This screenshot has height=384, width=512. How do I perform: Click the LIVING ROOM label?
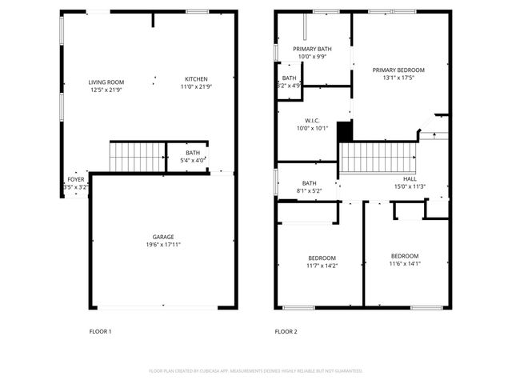point(106,81)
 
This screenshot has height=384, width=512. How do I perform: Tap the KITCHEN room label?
point(196,79)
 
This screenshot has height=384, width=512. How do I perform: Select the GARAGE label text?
point(164,237)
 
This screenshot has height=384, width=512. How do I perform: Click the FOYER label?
point(76,180)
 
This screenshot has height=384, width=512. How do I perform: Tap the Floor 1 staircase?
point(137,157)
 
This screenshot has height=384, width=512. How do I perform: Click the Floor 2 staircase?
point(378,158)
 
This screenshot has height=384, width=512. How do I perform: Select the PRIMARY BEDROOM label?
point(398,70)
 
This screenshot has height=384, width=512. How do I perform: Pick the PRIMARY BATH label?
point(312,50)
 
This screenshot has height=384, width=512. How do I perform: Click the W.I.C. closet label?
point(312,121)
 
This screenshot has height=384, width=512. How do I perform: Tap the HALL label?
point(410,179)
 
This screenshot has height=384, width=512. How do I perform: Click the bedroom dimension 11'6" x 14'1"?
point(405,264)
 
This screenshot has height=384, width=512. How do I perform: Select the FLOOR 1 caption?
point(100,331)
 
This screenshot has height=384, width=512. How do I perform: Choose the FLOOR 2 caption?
point(286,331)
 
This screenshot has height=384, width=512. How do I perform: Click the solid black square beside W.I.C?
point(345,130)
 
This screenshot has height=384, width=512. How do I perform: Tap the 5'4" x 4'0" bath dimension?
point(193,159)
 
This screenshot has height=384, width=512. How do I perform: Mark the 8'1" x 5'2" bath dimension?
point(309,190)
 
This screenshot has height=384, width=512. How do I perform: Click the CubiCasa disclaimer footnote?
point(256,371)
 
